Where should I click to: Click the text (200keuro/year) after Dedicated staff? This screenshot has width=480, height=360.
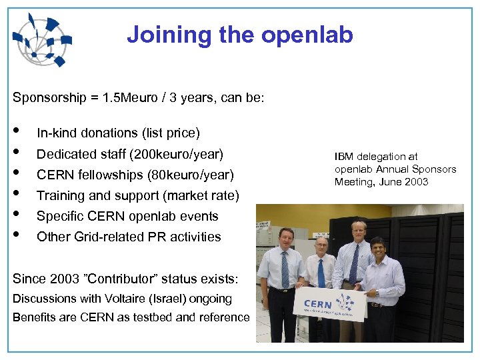(178, 154)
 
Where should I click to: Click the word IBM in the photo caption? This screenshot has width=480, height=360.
(343, 157)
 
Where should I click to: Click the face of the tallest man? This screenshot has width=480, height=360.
(359, 233)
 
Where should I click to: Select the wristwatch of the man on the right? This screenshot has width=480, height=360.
(377, 293)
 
